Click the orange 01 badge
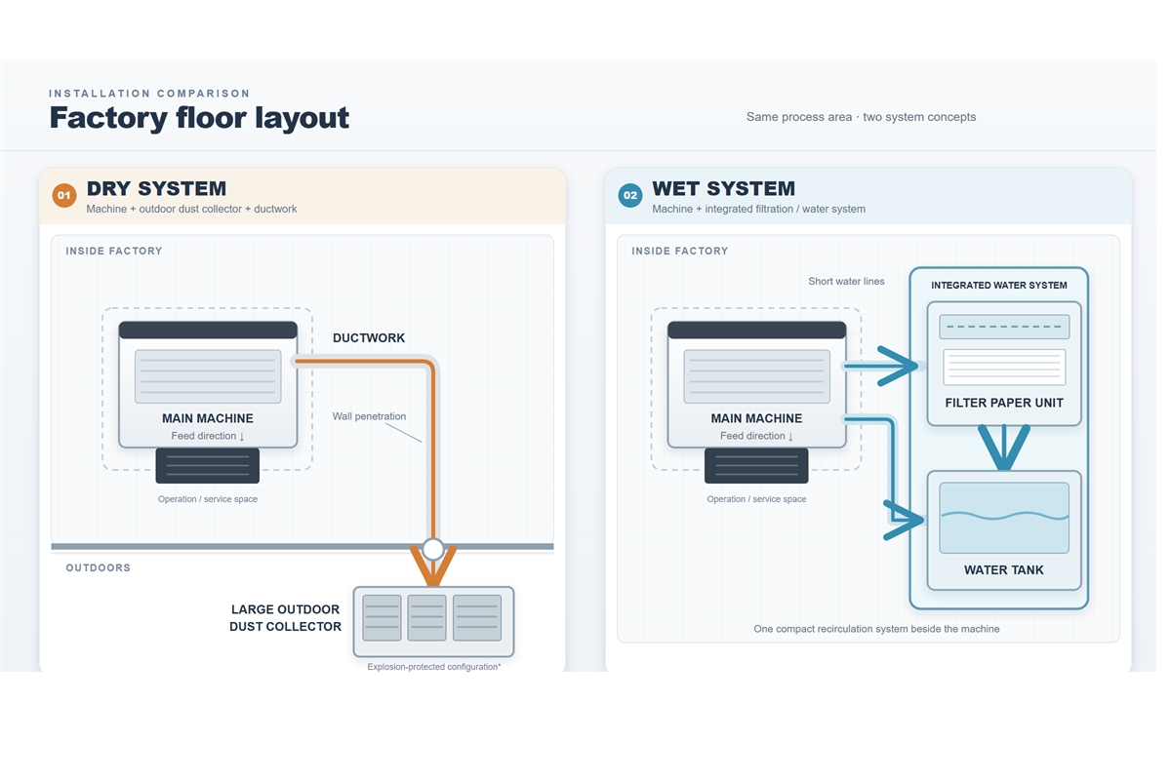point(64,195)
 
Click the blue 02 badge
point(630,195)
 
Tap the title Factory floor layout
point(199,118)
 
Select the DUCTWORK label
point(369,338)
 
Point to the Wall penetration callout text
point(369,416)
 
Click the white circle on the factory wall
point(433,549)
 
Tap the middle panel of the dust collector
point(426,617)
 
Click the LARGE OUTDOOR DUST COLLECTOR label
point(285,618)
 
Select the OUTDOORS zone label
point(99,567)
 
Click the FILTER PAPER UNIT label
point(1004,403)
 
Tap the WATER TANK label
point(1004,570)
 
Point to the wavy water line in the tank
point(1004,516)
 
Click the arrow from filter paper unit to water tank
point(1004,448)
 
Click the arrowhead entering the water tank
point(905,520)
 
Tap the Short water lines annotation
point(846,281)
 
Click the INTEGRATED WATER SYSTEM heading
point(999,286)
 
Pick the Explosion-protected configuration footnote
point(434,667)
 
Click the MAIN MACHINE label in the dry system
point(208,418)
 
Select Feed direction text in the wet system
point(756,436)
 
